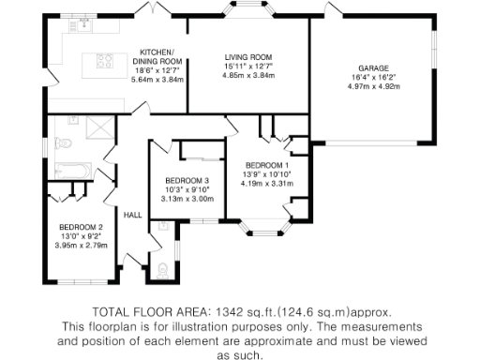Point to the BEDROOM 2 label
coord(82,227)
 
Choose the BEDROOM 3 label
coord(187,180)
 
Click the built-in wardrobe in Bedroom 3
coord(201,151)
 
